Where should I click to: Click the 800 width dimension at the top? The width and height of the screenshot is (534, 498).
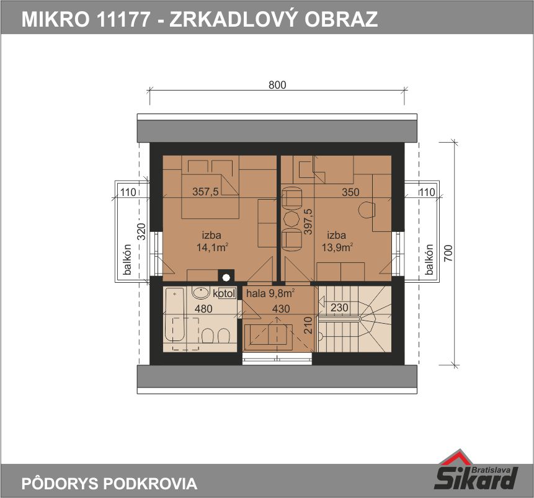click(277, 84)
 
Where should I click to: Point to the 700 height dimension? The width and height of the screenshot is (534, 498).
click(448, 253)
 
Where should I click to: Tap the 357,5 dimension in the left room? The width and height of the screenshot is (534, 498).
click(205, 192)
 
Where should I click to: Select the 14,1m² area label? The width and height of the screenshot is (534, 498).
click(212, 247)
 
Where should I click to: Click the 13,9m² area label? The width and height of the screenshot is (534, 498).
click(337, 247)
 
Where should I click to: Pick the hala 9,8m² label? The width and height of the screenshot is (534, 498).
click(270, 293)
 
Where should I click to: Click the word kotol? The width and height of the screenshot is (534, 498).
click(225, 293)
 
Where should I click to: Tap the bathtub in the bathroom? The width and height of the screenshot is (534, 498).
click(175, 314)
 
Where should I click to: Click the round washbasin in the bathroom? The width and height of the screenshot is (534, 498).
click(201, 292)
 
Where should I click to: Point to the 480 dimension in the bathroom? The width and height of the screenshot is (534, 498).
click(203, 309)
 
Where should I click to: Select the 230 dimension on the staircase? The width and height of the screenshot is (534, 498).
click(339, 308)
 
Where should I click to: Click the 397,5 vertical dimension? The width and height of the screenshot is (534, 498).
click(308, 221)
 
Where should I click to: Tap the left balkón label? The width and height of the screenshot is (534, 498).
click(127, 260)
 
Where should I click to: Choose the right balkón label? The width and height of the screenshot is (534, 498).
click(429, 260)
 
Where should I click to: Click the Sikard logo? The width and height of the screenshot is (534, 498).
click(476, 471)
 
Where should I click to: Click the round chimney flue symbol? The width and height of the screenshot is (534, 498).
click(226, 278)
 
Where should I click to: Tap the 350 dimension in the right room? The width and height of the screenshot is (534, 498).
click(350, 192)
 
